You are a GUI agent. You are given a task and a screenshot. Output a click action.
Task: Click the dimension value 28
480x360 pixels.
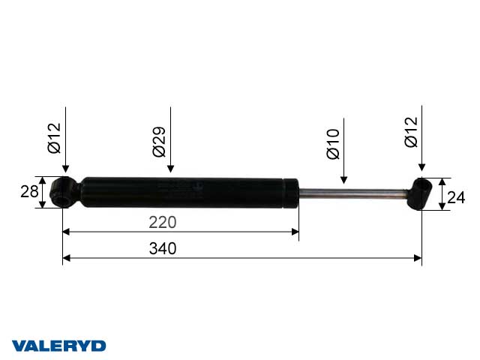[x=28, y=193]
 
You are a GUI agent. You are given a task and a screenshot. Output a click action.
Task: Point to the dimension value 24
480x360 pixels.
[x=456, y=198]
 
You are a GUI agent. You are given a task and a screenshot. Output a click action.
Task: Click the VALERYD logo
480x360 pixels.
[x=60, y=346]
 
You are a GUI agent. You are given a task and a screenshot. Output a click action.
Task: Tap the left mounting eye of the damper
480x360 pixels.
[x=62, y=193]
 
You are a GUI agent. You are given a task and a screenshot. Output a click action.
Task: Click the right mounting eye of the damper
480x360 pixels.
[x=421, y=193]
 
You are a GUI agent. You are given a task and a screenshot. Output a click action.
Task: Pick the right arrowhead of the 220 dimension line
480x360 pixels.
[x=295, y=231]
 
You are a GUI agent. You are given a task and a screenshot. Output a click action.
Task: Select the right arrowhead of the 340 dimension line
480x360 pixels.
[x=417, y=258]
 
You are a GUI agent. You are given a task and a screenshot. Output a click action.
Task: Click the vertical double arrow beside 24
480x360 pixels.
[x=442, y=194]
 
